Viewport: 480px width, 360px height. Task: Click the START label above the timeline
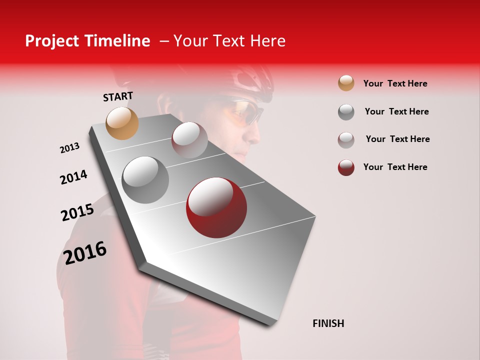point(118,96)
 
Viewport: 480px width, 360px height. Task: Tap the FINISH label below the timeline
point(328,323)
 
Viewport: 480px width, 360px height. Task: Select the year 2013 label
point(69,148)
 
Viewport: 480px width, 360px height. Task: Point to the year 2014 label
point(73,177)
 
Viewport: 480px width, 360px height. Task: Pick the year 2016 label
point(85,252)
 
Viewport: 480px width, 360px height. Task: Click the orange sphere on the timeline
point(122,123)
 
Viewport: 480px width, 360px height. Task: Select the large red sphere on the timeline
point(216,207)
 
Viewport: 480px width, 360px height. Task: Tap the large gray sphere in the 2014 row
point(145,179)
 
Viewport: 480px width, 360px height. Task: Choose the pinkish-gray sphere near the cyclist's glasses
point(189,139)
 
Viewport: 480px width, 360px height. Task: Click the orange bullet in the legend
point(346,83)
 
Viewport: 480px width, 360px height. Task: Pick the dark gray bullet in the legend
point(346,111)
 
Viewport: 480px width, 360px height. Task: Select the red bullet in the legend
point(346,167)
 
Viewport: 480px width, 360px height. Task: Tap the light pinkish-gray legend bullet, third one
point(346,139)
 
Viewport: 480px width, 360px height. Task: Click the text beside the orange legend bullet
point(395,83)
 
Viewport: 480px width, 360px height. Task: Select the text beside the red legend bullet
point(395,167)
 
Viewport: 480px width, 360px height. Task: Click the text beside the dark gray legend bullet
point(396,111)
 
